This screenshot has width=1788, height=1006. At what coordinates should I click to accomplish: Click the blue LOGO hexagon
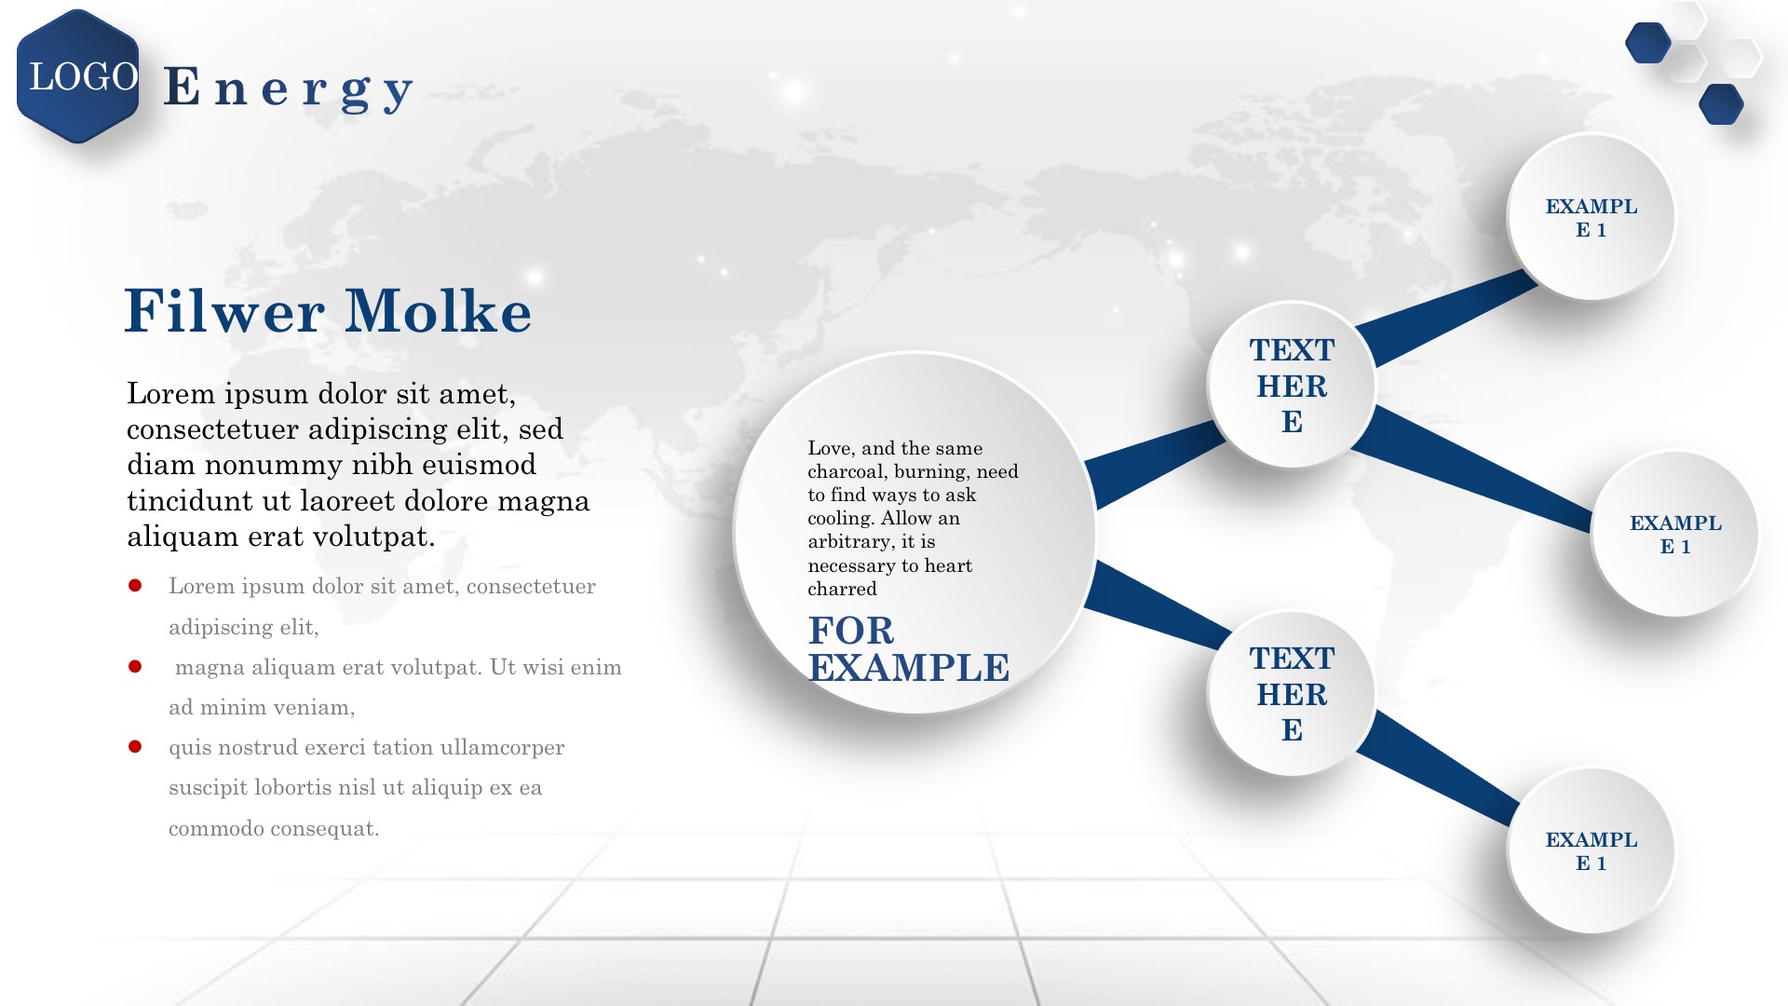[78, 76]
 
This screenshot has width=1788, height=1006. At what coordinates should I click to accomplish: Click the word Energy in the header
[289, 89]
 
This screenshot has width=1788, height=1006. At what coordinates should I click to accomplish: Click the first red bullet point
[135, 585]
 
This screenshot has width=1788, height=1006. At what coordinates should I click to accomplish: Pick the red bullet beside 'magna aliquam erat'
[135, 666]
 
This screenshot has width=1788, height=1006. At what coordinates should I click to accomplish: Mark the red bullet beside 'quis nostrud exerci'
[135, 746]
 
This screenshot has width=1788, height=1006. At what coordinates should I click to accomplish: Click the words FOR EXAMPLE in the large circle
[909, 649]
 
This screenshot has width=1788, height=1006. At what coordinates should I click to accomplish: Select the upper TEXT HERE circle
[1292, 384]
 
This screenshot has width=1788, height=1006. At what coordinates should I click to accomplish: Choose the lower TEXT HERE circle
[1292, 693]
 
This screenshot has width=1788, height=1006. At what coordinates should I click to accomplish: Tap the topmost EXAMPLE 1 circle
[1592, 217]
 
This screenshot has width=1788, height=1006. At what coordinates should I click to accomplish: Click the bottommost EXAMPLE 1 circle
[1592, 850]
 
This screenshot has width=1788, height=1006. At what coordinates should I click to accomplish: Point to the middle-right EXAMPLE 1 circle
[1675, 534]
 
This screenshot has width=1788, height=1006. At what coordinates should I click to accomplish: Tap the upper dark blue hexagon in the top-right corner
[1648, 43]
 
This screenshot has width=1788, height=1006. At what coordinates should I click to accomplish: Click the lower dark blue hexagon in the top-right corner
[1722, 104]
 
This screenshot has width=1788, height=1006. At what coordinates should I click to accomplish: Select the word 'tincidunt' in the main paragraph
[191, 501]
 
